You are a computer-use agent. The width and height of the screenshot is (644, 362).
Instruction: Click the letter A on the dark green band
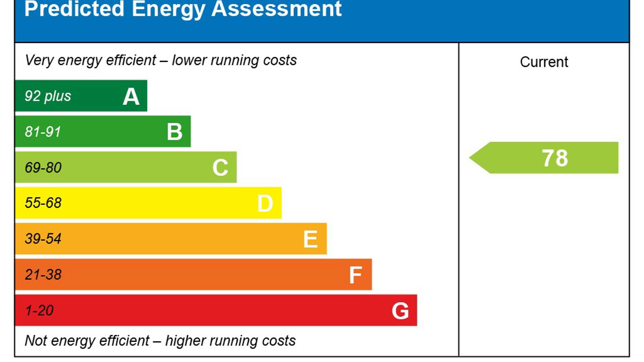(x=131, y=97)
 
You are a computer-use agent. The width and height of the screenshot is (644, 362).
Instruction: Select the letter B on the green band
(x=175, y=132)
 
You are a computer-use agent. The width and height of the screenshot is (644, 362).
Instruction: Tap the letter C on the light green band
(x=220, y=167)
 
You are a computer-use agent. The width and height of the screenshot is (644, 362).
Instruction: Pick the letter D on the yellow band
(x=265, y=204)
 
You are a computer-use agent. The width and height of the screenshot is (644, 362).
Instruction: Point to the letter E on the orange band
(x=310, y=239)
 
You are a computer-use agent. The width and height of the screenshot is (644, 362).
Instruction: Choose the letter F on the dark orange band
(x=355, y=275)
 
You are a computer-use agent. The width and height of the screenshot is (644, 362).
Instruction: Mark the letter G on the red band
(x=400, y=311)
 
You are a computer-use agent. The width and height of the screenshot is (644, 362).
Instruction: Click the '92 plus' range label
(x=48, y=96)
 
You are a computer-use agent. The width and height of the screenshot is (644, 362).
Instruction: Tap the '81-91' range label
(x=43, y=132)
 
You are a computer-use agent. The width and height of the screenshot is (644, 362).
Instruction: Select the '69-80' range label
(x=43, y=167)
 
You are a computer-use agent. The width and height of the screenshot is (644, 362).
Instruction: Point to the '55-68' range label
(x=43, y=203)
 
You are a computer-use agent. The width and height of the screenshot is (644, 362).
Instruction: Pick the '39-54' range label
(x=43, y=239)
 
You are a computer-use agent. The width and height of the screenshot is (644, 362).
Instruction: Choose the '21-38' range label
(x=43, y=274)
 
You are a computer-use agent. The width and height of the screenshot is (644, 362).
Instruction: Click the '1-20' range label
(x=39, y=310)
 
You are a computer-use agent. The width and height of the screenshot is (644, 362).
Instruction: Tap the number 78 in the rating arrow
(x=555, y=158)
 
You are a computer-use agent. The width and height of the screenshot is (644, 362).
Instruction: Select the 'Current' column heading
(x=544, y=62)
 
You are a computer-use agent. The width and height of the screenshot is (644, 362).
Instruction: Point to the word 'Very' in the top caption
(x=39, y=60)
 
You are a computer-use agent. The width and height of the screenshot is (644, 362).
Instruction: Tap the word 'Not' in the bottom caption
(x=36, y=341)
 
